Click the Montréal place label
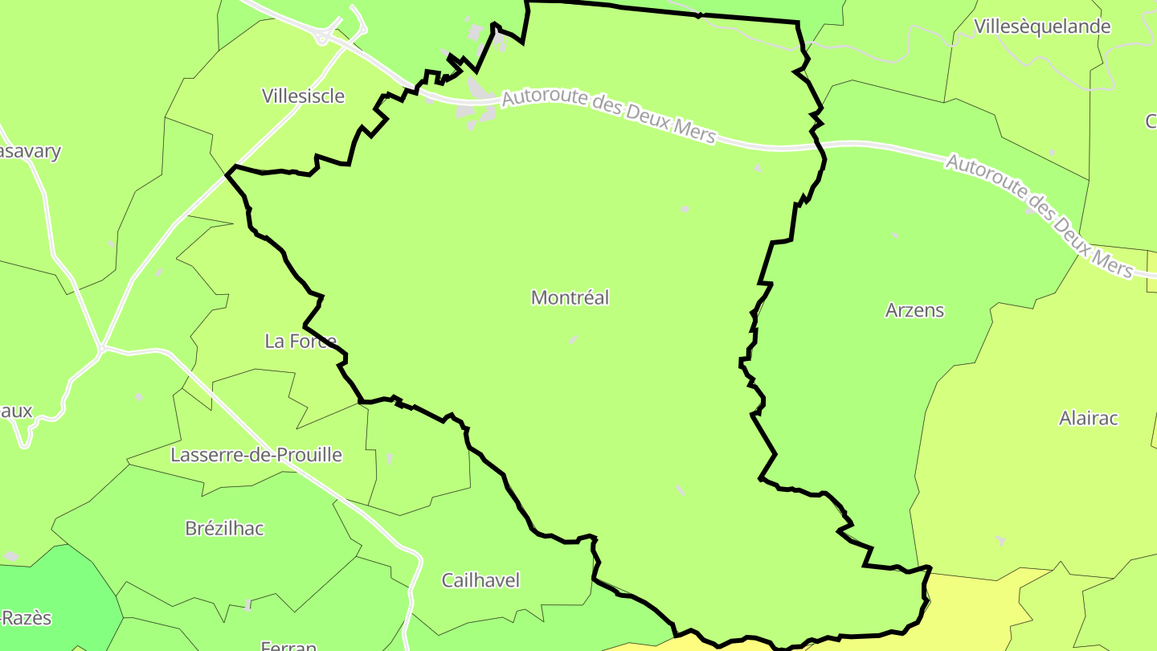570,298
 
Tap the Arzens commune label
914,310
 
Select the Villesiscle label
303,96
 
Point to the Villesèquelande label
1042,27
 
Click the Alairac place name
1088,419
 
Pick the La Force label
300,342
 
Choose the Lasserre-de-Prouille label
256,456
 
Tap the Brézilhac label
224,529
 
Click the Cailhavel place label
480,580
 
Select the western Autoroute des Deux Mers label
608,117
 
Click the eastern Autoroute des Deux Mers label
1040,215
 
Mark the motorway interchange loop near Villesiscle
325,36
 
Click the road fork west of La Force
102,348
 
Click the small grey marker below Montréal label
574,340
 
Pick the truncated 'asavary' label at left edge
31,152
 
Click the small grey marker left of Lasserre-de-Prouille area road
139,397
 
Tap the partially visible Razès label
26,618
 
